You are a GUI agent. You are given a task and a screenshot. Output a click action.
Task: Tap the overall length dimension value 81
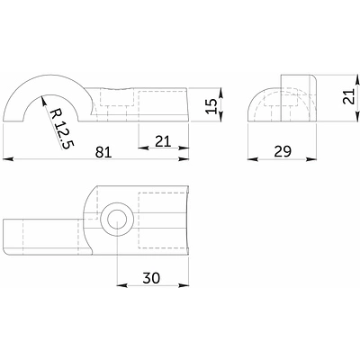coord(103,152)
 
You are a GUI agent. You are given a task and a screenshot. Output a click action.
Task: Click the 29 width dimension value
coord(283,151)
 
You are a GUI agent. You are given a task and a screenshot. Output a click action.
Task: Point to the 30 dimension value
coord(151,278)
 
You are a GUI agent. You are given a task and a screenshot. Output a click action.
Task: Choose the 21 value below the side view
coord(163,141)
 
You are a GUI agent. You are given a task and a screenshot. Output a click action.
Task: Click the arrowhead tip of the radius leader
coord(42,96)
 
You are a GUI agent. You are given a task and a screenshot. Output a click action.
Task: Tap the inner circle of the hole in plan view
coord(117,220)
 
